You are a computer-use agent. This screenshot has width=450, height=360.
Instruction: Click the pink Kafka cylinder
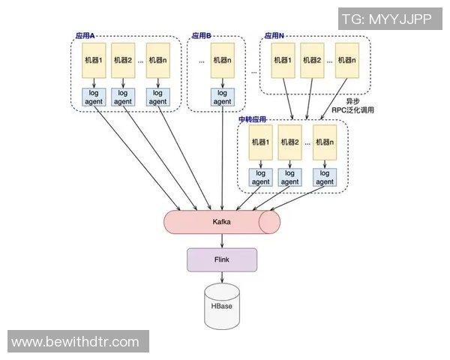pyautogui.click(x=221, y=222)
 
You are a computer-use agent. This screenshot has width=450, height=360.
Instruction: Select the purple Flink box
pyautogui.click(x=222, y=259)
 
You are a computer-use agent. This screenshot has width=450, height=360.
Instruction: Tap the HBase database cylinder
pyautogui.click(x=222, y=307)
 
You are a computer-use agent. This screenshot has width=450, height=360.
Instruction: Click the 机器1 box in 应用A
pyautogui.click(x=94, y=61)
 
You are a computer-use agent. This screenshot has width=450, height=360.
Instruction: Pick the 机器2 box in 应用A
pyautogui.click(x=124, y=61)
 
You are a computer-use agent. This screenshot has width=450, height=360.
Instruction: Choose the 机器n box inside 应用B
pyautogui.click(x=223, y=61)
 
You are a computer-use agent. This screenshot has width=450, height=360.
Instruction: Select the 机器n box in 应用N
pyautogui.click(x=346, y=61)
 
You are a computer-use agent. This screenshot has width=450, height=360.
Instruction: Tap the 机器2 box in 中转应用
pyautogui.click(x=289, y=142)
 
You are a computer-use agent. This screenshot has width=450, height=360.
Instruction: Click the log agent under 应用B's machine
pyautogui.click(x=223, y=97)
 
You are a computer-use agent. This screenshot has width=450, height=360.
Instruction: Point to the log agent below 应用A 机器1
pyautogui.click(x=94, y=97)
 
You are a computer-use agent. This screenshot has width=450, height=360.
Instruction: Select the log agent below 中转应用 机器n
pyautogui.click(x=323, y=178)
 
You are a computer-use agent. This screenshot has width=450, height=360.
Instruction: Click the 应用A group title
pyautogui.click(x=90, y=35)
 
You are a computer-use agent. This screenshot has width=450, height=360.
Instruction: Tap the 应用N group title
pyautogui.click(x=274, y=35)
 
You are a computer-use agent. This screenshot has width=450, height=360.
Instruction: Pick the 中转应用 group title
pyautogui.click(x=252, y=119)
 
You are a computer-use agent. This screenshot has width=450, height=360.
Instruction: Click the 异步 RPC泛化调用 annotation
pyautogui.click(x=352, y=106)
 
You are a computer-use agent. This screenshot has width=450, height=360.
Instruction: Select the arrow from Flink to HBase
pyautogui.click(x=222, y=277)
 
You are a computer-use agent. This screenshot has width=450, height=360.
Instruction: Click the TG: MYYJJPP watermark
pyautogui.click(x=386, y=19)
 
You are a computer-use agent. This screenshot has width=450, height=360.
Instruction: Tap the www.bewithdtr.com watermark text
pyautogui.click(x=76, y=342)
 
